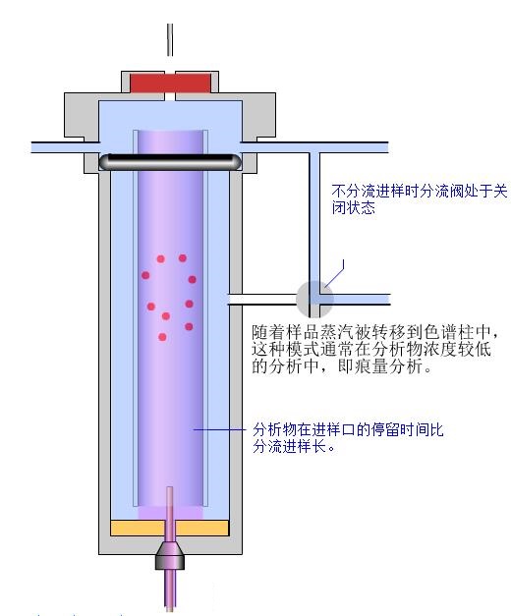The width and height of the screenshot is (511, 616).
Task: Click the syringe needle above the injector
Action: point(170,39)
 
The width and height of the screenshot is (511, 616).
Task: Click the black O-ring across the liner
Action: point(170,162)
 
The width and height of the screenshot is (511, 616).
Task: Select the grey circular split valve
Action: point(314,300)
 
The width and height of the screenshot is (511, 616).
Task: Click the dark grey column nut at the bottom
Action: point(170,555)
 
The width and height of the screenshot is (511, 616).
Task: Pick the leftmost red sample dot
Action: point(145,275)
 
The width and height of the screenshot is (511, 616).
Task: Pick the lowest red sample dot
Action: point(162,337)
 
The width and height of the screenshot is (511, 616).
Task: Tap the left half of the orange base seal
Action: point(138,528)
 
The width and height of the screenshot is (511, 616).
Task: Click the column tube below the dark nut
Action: point(170,590)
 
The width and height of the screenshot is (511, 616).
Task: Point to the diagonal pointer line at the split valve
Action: point(334,273)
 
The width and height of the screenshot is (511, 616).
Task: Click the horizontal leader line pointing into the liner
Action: point(219,429)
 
